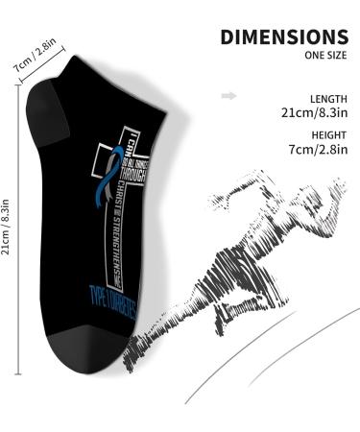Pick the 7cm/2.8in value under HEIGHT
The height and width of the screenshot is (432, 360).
point(314,151)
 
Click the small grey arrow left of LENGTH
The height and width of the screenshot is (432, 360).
point(228,96)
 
